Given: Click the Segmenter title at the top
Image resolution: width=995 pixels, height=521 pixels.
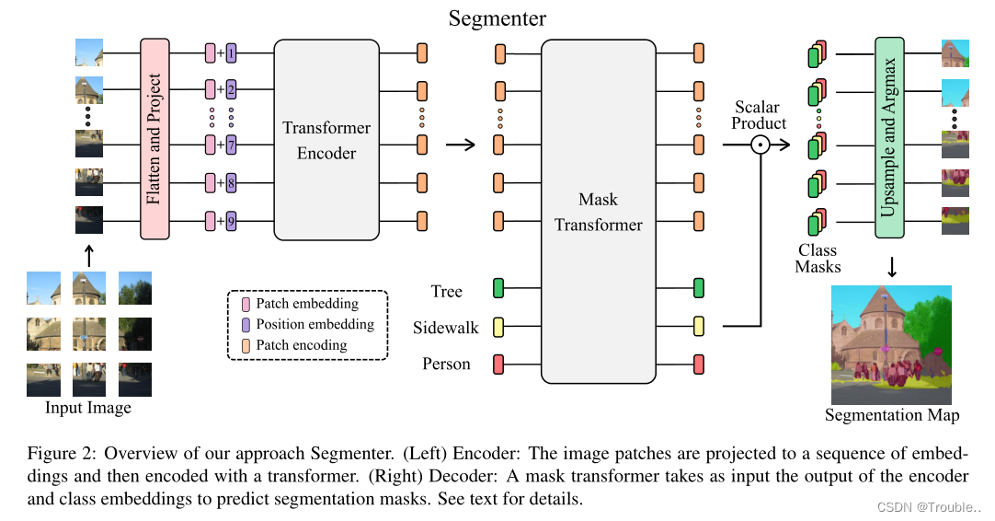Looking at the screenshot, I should click(497, 17).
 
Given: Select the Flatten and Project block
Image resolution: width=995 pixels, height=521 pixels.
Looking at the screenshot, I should click(154, 138).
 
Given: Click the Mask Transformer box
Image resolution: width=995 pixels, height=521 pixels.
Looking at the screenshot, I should click(599, 212).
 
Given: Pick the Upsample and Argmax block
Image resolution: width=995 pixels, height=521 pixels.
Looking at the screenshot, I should click(889, 138).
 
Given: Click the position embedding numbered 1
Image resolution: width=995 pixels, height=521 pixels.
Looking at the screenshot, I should click(231, 53).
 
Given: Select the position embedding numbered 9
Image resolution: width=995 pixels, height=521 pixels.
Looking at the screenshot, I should click(231, 221).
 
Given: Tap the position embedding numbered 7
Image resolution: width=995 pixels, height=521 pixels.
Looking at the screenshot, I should click(231, 145).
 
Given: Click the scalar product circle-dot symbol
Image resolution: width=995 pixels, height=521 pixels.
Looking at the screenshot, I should click(761, 145).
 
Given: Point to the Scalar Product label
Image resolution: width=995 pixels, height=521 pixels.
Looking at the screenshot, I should click(759, 116).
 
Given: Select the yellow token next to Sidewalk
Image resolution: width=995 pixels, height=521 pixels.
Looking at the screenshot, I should click(499, 326).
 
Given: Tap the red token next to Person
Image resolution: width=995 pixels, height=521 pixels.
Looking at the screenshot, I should click(499, 364).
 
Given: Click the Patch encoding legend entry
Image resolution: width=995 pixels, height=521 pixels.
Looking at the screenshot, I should click(301, 345).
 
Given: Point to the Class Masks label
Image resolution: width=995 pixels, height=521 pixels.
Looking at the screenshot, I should click(818, 259).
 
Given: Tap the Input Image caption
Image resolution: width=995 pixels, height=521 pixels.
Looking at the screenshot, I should click(88, 408).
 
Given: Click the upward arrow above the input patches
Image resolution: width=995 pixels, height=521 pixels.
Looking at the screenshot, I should click(88, 254).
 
